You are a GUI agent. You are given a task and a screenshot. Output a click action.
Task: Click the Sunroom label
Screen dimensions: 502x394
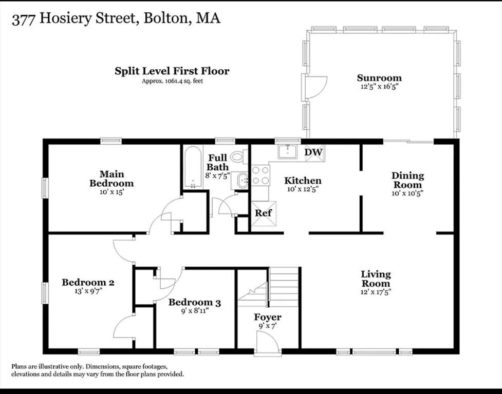[379, 78]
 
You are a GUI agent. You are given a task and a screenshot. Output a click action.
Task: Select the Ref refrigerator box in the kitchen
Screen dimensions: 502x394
[264, 213]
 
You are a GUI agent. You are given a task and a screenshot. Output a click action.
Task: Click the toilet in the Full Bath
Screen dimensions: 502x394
[239, 157]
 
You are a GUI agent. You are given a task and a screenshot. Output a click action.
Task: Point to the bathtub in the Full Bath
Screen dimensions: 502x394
[193, 167]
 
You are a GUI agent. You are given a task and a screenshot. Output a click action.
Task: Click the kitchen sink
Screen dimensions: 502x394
[288, 151]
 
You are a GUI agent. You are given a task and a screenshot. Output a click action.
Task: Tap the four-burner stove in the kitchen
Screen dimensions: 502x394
[261, 175]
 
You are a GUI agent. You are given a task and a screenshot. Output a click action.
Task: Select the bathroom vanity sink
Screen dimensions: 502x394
[239, 181]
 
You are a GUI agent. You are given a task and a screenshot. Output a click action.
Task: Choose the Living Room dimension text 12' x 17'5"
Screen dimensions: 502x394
[376, 292]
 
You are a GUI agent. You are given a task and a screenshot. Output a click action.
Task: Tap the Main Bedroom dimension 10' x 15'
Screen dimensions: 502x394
[111, 192]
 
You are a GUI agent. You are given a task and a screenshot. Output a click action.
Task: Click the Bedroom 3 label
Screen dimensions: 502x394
[195, 302]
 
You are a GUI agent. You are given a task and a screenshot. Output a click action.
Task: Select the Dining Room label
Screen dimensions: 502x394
[407, 180]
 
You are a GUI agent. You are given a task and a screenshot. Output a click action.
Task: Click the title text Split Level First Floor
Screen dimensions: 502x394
[172, 71]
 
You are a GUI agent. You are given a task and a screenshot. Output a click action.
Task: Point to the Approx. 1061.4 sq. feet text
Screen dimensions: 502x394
[172, 81]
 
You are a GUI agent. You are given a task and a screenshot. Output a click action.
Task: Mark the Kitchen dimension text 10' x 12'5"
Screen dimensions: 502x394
[303, 189]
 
